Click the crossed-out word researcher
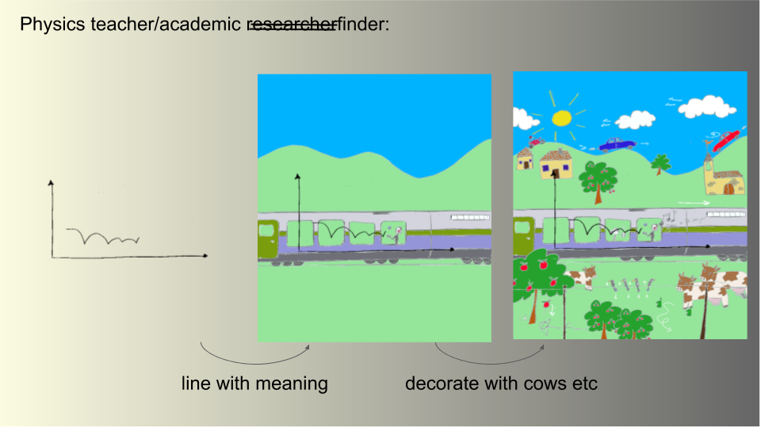pyautogui.click(x=293, y=25)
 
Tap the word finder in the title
pyautogui.click(x=361, y=25)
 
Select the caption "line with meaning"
pyautogui.click(x=254, y=384)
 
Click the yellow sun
pyautogui.click(x=561, y=118)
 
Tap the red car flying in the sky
pyautogui.click(x=727, y=139)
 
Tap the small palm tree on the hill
pyautogui.click(x=660, y=164)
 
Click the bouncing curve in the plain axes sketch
pyautogui.click(x=104, y=236)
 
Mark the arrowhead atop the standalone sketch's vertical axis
pyautogui.click(x=52, y=183)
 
